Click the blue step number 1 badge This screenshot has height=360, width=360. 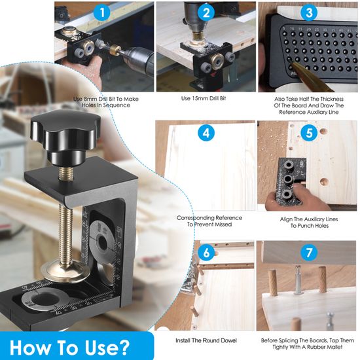(102, 12)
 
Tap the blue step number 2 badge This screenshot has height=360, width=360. (206, 12)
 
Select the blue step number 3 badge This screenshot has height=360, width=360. (309, 12)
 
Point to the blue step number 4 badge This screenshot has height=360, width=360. (206, 133)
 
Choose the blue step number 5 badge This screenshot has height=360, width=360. (309, 133)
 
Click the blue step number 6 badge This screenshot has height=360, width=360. (206, 253)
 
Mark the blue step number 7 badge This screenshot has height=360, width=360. (309, 253)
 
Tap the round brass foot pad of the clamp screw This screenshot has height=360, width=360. (65, 271)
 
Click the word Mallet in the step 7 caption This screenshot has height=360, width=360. (334, 347)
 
